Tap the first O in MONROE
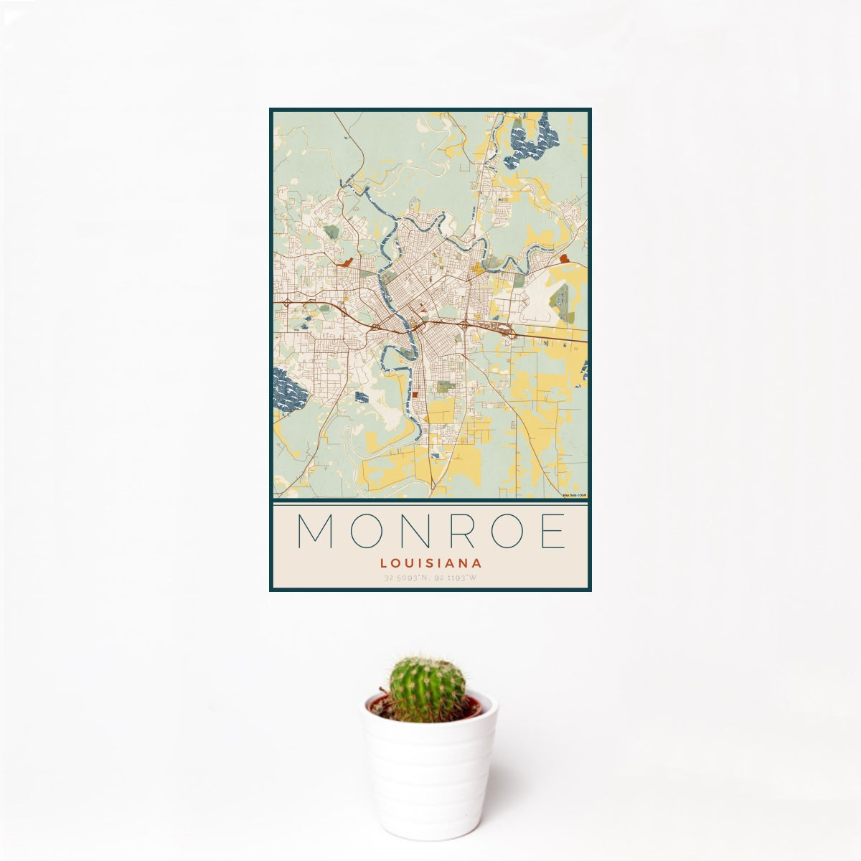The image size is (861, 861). tap(367, 532)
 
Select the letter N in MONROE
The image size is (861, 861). tap(418, 532)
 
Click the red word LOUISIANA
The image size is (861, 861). tap(430, 564)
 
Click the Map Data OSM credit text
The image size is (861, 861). tap(575, 495)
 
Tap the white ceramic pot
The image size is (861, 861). tap(429, 775)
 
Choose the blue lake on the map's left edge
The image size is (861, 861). tap(288, 391)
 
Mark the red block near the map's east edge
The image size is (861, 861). tap(563, 258)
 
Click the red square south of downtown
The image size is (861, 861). tap(415, 395)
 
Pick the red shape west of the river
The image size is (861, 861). tap(347, 263)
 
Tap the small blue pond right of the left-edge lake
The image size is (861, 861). tap(362, 397)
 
